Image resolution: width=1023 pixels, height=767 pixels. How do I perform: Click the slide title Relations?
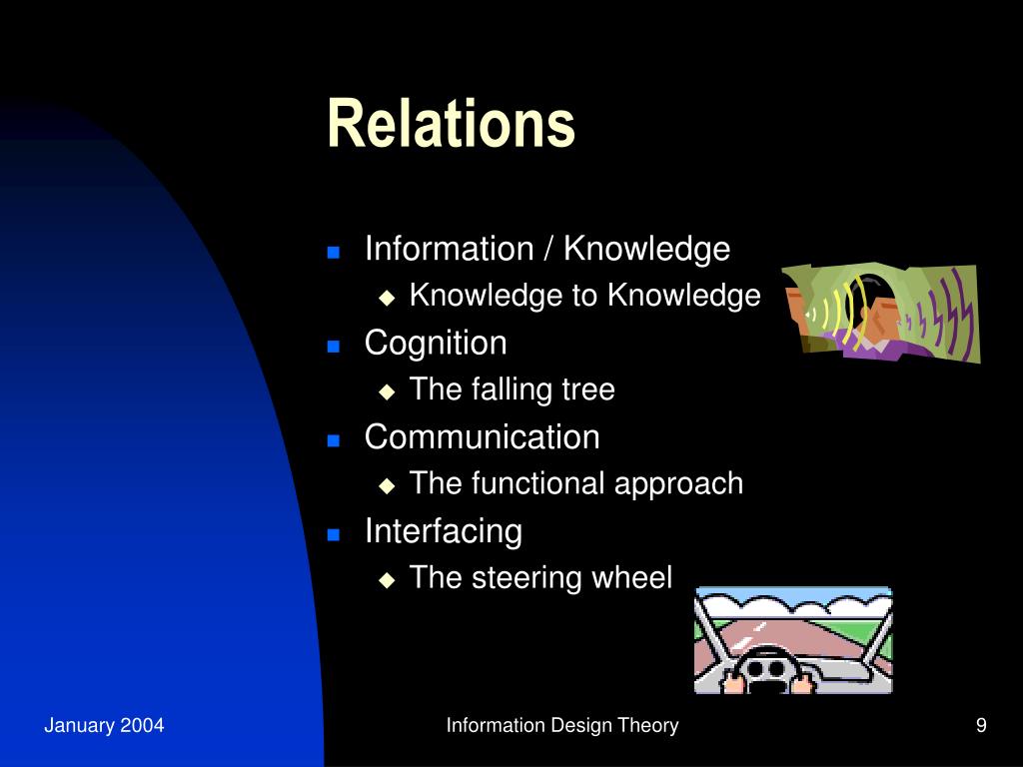click(451, 124)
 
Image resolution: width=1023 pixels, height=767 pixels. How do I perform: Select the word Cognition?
click(436, 343)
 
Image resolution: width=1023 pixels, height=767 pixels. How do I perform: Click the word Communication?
click(482, 436)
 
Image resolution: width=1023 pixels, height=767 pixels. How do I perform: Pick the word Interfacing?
click(443, 530)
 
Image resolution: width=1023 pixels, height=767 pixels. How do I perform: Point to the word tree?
click(588, 389)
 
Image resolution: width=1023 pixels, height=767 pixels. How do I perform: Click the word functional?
click(538, 483)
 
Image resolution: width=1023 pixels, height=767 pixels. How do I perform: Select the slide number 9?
click(981, 726)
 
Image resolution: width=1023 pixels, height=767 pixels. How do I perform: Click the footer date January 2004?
click(104, 726)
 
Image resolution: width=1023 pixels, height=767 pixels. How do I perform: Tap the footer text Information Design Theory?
click(562, 726)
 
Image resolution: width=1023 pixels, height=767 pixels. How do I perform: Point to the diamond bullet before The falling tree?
click(388, 391)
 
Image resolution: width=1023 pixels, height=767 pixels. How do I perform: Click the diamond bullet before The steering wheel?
click(388, 579)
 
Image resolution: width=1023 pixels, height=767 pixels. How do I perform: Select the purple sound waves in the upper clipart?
click(944, 315)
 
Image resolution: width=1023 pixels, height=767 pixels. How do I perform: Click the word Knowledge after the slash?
click(646, 249)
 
